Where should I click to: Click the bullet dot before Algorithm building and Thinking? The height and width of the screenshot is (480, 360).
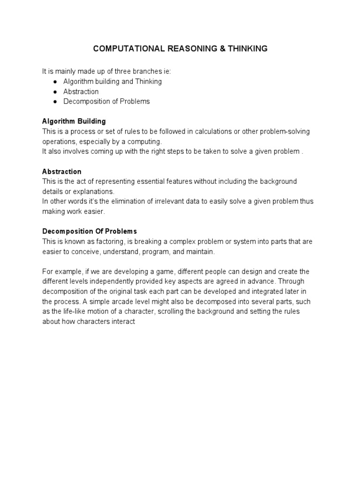[x=55, y=82]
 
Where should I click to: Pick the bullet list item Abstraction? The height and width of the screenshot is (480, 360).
[x=81, y=91]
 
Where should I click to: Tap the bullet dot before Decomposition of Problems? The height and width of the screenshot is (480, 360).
[x=55, y=101]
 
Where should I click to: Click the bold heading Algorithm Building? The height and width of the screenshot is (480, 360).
[x=74, y=121]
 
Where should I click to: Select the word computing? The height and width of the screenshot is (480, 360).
[x=146, y=142]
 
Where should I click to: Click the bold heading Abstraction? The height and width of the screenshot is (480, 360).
[x=62, y=172]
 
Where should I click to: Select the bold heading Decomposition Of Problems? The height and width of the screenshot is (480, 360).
[x=90, y=232]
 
